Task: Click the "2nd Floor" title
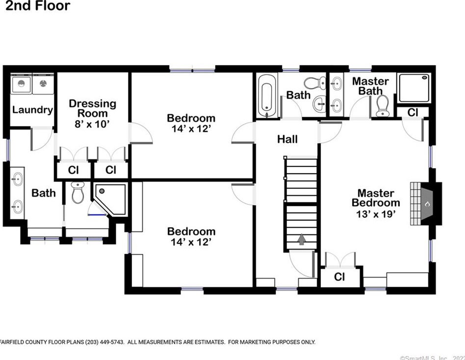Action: pyautogui.click(x=38, y=5)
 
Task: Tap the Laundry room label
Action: pyautogui.click(x=33, y=110)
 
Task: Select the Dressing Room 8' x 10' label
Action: pyautogui.click(x=93, y=114)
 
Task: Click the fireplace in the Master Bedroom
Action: pyautogui.click(x=426, y=204)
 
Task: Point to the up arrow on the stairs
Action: pyautogui.click(x=302, y=239)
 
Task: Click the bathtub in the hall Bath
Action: pyautogui.click(x=266, y=96)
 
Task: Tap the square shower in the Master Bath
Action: pyautogui.click(x=414, y=88)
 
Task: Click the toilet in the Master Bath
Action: pyautogui.click(x=382, y=106)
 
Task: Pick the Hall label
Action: pyautogui.click(x=287, y=139)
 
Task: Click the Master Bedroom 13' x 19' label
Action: pyautogui.click(x=376, y=204)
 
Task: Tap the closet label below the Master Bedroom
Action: pyautogui.click(x=339, y=277)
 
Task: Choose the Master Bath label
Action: pyautogui.click(x=370, y=86)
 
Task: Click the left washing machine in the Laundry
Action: pyautogui.click(x=21, y=84)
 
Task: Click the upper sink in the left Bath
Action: pyautogui.click(x=17, y=179)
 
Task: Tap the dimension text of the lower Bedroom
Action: pyautogui.click(x=191, y=242)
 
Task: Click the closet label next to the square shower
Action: pyautogui.click(x=413, y=112)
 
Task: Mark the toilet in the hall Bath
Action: pyautogui.click(x=315, y=83)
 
